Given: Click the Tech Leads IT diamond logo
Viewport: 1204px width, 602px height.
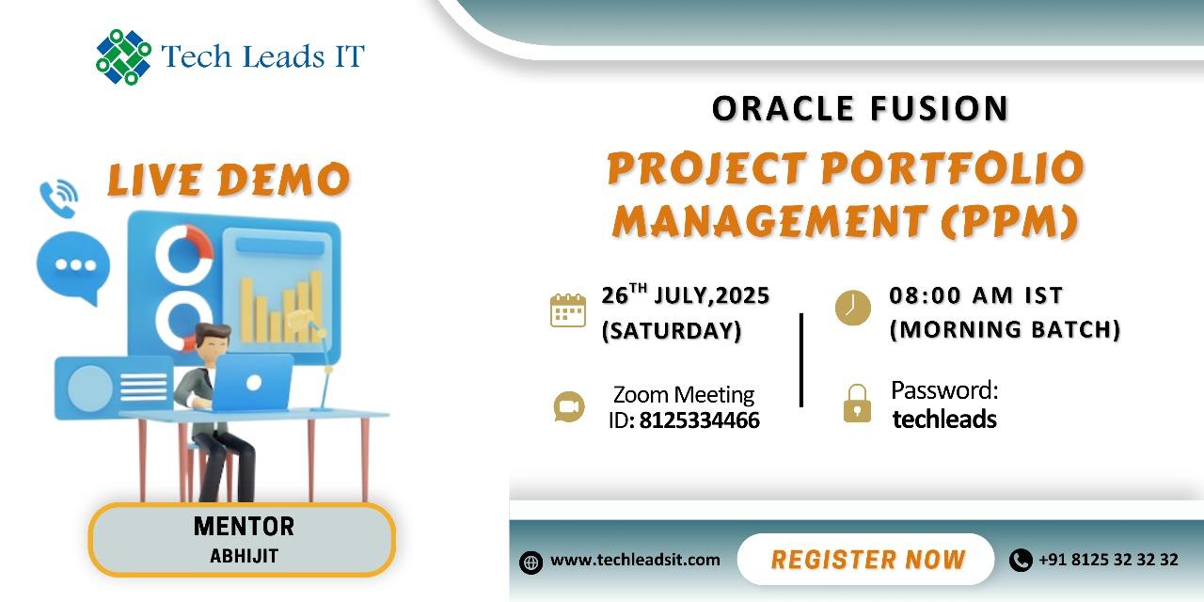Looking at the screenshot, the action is point(123,57).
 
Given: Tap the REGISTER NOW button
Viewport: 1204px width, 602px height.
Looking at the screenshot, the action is point(866,560).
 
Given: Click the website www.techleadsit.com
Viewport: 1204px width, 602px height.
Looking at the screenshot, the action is point(635,560).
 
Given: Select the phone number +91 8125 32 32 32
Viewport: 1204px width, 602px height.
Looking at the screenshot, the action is point(1108,560).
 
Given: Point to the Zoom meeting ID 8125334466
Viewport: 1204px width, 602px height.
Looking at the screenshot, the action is point(699,420).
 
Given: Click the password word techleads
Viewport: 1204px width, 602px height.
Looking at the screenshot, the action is point(944,420).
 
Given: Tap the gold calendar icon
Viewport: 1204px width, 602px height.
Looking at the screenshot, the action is point(568,310).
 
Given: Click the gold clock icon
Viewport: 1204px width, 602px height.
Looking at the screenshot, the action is point(853,308).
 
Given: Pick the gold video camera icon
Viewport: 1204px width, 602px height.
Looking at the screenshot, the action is point(569,407).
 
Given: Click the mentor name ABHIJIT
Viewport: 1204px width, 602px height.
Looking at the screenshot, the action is point(244,556).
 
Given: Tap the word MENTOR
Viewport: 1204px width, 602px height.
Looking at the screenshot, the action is point(244,527).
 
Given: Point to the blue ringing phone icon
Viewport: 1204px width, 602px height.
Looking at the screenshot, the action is point(58,198).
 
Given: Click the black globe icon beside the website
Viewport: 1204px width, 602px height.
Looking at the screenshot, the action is point(531,562).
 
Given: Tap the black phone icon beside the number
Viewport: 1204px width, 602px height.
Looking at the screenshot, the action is point(1021,560).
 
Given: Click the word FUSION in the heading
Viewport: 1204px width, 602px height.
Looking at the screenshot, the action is point(939,109).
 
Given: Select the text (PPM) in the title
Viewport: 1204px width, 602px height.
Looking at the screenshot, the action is point(1010,221).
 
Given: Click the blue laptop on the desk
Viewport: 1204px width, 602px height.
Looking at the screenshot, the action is point(253,382).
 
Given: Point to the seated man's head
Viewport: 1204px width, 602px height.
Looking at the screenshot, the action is point(213,341).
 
